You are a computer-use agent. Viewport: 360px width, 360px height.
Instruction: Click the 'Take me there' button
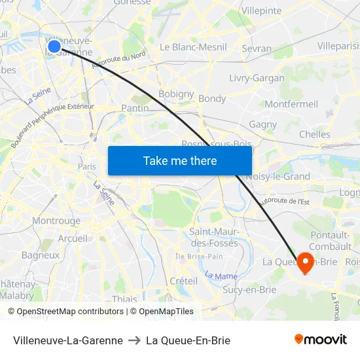(x=180, y=160)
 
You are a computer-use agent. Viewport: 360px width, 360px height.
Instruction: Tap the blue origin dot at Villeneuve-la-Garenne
(x=54, y=45)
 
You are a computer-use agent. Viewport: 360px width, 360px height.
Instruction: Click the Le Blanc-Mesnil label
(x=193, y=47)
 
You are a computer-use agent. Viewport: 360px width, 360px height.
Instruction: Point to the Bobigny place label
(x=176, y=94)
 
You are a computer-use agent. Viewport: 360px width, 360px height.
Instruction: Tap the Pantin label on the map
(x=135, y=108)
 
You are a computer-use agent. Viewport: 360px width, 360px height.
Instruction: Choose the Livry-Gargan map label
(x=257, y=78)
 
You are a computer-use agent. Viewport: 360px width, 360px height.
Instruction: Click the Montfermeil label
(x=291, y=104)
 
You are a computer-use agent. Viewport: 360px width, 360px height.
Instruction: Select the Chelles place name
(x=314, y=134)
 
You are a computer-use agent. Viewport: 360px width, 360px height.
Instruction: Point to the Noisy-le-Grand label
(x=278, y=176)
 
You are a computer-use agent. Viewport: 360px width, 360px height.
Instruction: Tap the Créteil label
(x=183, y=281)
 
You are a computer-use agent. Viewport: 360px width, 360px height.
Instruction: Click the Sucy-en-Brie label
(x=249, y=289)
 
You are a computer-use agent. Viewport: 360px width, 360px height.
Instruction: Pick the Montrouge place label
(x=56, y=221)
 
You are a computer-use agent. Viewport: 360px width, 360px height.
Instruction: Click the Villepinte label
(x=261, y=11)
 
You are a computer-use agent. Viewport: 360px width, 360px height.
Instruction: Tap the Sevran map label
(x=257, y=49)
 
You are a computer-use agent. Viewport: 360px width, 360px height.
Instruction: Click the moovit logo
(x=320, y=340)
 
